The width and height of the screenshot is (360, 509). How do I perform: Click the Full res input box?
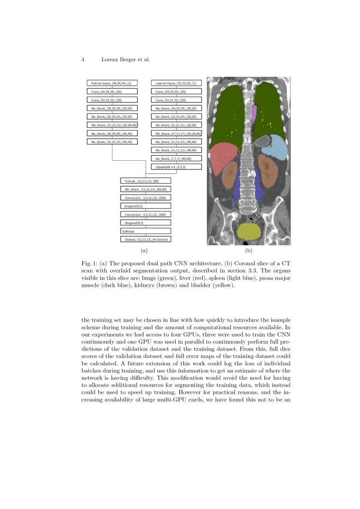112,83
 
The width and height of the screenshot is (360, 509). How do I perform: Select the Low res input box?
176,83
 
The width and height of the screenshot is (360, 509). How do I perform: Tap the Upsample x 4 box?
176,167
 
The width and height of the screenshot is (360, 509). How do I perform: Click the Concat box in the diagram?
145,181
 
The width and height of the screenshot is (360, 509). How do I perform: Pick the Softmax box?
145,231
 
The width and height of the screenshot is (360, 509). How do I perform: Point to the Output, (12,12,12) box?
145,239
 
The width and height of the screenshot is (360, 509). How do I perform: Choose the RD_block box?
145,189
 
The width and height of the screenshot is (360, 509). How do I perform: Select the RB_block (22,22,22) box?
112,125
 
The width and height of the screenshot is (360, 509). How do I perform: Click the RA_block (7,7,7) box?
176,158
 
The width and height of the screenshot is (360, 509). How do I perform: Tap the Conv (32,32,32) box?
112,100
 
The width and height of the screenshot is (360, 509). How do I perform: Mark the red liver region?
224,156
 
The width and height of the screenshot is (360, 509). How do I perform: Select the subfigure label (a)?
144,251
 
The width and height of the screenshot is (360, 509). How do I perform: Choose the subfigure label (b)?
249,251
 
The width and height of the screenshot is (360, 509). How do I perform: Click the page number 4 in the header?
83,60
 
